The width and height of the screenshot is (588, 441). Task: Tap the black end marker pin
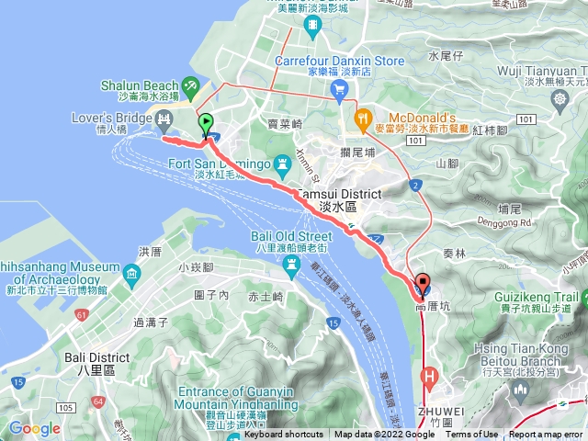click(423, 283)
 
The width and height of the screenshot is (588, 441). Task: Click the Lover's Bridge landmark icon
click(164, 118)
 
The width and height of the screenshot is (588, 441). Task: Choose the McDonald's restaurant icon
click(363, 119)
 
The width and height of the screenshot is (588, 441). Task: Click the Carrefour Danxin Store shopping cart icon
click(340, 88)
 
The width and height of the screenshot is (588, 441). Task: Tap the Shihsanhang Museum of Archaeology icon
click(132, 274)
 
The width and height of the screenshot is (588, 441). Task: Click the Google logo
click(34, 428)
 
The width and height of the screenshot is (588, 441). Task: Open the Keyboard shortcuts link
click(283, 435)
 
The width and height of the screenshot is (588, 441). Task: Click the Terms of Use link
click(471, 435)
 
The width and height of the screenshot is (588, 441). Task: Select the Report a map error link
click(547, 435)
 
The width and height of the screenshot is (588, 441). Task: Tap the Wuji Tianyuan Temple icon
click(560, 97)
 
